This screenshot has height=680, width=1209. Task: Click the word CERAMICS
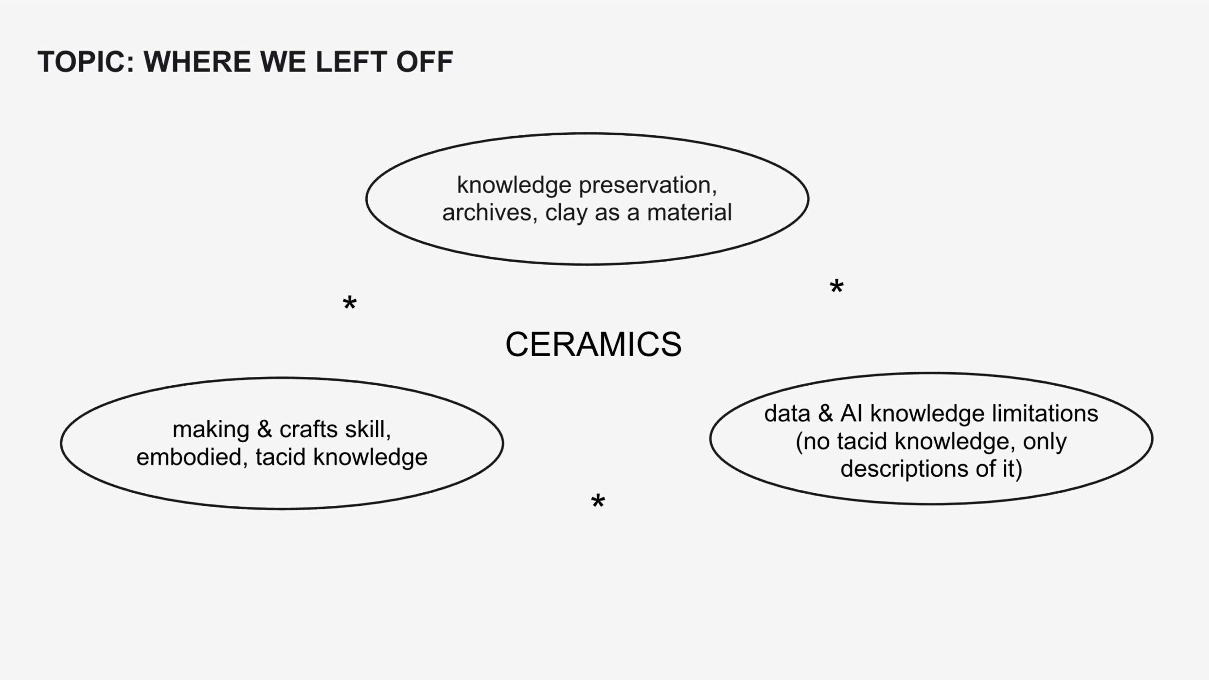pos(593,344)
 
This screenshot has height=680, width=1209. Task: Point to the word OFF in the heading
pos(425,62)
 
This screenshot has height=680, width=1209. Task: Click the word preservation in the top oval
pos(648,185)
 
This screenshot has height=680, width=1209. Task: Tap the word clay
pos(566,213)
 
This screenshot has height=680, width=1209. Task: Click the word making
pos(211,429)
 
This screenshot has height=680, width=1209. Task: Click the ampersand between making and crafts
pos(264,429)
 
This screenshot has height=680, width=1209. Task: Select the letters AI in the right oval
pos(851,414)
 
